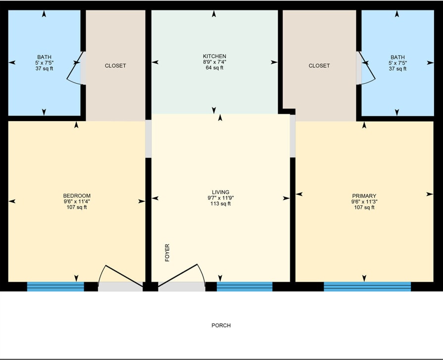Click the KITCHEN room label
pos(214,56)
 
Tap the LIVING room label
pos(220,192)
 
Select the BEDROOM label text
pos(77,196)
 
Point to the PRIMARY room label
pos(364,196)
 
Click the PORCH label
pos(221,325)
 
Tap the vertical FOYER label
pos(167,253)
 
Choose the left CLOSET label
pos(115,66)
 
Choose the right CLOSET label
pos(319,66)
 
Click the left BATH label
pos(44,57)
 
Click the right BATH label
pos(397,57)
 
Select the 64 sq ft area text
pos(214,68)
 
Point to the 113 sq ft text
pos(220,204)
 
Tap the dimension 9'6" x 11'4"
pos(77,202)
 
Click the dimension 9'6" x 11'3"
pos(364,202)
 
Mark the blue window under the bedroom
pos(55,286)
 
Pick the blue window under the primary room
pos(367,286)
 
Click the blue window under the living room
pos(245,286)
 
